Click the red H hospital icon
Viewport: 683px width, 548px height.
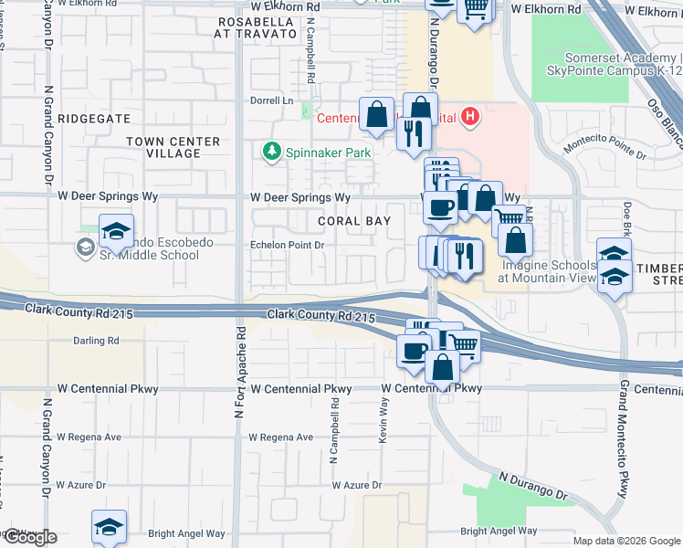coord(470,116)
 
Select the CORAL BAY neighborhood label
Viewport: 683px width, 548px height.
coord(354,221)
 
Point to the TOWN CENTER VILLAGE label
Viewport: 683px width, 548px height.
coord(173,147)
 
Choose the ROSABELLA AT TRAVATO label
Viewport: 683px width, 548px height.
coord(256,26)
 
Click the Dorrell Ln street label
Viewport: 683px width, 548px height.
coord(273,100)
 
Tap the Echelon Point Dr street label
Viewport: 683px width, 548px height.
coord(288,245)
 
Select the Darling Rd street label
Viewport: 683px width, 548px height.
coord(96,341)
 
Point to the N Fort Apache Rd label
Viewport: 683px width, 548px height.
coord(240,373)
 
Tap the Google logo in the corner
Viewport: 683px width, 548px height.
coord(29,537)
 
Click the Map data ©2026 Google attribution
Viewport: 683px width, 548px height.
coord(626,541)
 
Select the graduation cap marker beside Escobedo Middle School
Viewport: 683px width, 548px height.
coord(116,232)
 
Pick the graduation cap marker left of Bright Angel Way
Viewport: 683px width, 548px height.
coord(108,527)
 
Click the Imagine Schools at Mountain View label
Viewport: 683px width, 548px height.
coord(548,271)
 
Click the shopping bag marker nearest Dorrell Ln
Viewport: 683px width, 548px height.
coord(376,115)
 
